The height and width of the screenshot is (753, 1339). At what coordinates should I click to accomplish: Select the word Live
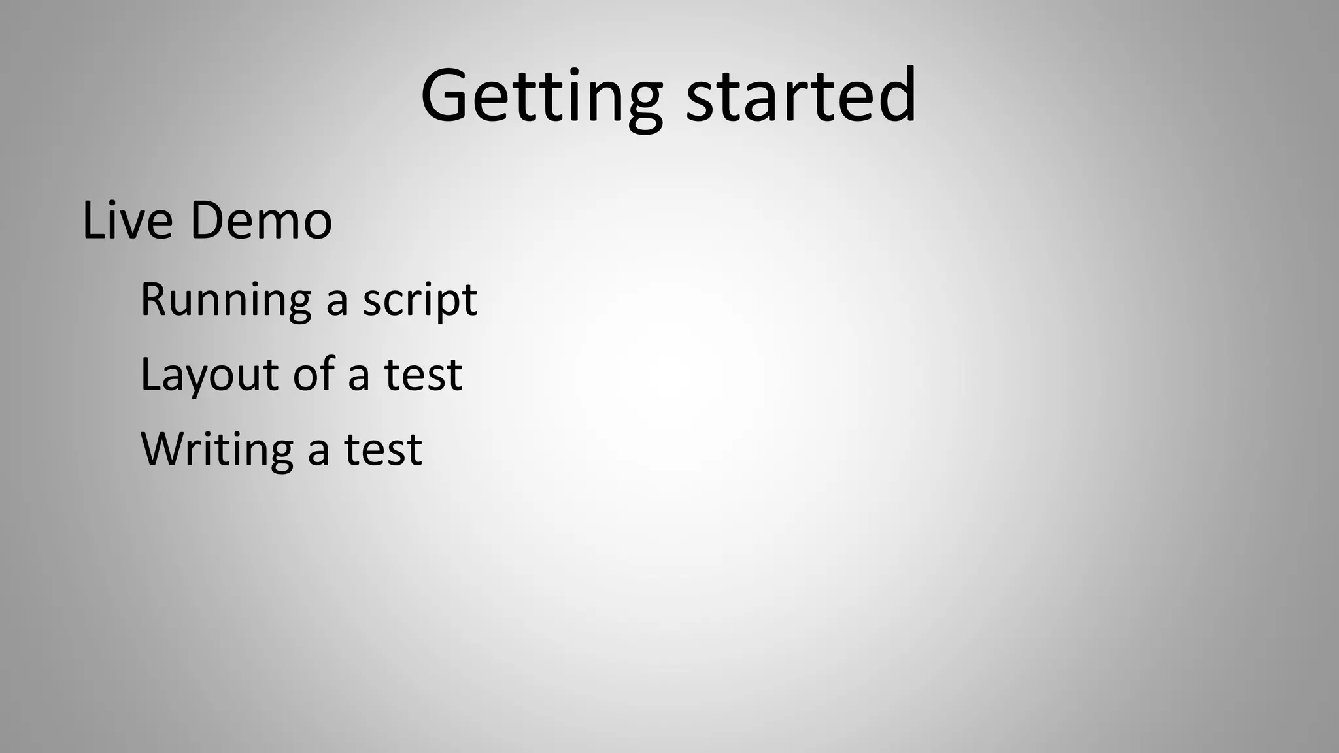point(128,220)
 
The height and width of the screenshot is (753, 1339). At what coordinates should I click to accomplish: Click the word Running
point(226,299)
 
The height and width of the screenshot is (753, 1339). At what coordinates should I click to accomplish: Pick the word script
point(420,301)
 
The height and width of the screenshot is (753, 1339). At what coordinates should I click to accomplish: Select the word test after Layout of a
point(423,375)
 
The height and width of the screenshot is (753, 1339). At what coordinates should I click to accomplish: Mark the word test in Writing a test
point(383,450)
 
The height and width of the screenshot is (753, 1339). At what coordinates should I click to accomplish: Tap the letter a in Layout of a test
point(358,376)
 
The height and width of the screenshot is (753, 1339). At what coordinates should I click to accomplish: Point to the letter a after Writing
point(318,451)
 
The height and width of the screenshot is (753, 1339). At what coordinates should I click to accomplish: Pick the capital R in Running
point(154,299)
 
